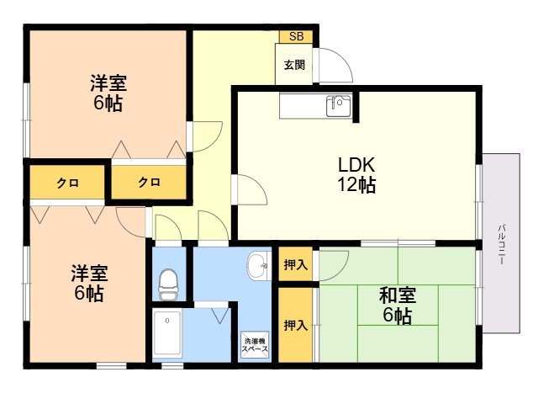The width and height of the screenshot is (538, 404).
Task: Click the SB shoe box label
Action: [x=296, y=36]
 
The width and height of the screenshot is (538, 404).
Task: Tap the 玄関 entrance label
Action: [x=294, y=65]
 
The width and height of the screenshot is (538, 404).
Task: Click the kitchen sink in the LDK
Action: [x=339, y=106]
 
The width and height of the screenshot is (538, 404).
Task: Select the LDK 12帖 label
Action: [x=356, y=174]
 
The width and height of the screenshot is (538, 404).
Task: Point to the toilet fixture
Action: [x=168, y=284]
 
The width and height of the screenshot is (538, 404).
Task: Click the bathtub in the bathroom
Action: [x=167, y=333]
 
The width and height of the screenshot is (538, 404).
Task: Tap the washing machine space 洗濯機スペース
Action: [x=256, y=345]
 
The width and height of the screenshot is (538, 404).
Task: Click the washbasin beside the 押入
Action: [x=258, y=266]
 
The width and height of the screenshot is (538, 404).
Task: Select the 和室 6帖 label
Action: [x=398, y=305]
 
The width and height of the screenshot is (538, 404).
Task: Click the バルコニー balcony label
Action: [x=502, y=244]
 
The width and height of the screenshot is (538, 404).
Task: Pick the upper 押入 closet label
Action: [x=295, y=264]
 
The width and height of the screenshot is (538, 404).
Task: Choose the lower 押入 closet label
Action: [x=295, y=325]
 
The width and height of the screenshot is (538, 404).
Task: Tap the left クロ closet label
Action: [x=67, y=183]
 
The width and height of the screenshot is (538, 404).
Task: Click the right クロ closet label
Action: [x=149, y=182]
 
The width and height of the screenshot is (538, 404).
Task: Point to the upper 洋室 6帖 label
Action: [x=108, y=93]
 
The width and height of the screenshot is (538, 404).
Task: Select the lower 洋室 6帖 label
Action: [x=89, y=283]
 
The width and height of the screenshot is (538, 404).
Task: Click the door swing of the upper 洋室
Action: [x=215, y=141]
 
